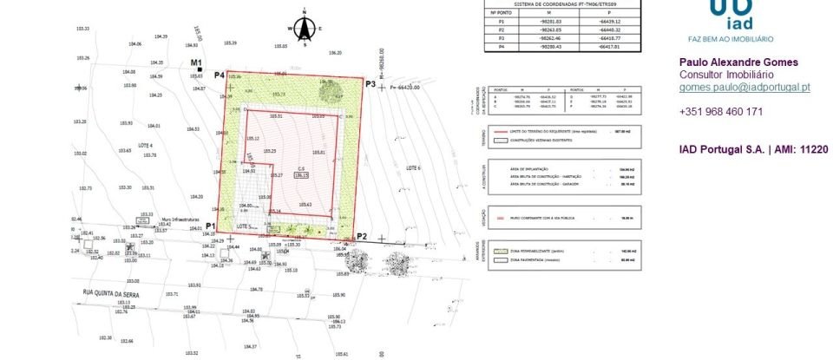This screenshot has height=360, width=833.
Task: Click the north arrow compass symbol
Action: point(305,29)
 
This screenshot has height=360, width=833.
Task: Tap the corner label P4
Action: point(220,75)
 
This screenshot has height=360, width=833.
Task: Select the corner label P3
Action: point(370,84)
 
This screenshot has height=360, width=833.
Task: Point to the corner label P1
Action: point(210,226)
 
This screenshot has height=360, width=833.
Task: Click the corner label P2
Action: point(362,237)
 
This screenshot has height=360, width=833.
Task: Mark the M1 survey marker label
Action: point(196,62)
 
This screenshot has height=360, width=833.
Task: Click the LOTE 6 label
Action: point(412,167)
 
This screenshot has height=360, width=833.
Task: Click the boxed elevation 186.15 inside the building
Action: point(301,174)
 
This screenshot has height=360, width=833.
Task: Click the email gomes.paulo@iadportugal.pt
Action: point(744,88)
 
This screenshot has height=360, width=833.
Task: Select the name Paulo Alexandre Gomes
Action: point(738,62)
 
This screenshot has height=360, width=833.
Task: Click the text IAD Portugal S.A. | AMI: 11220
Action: point(755,150)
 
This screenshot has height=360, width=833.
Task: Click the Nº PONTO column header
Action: point(501,13)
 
